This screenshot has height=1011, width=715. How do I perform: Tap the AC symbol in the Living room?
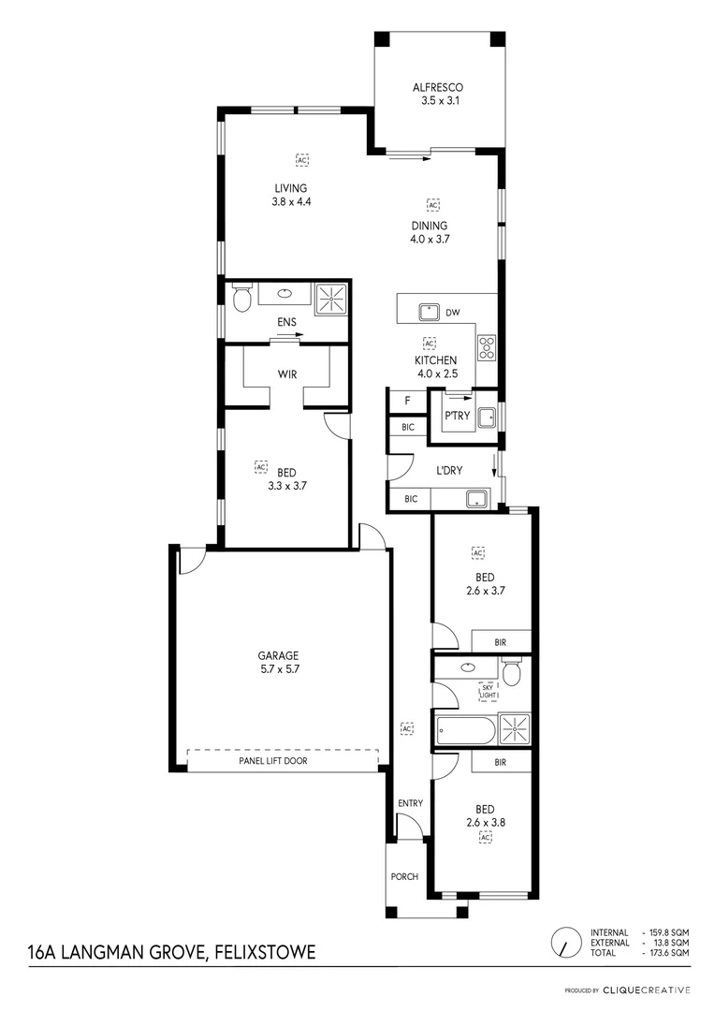[301, 160]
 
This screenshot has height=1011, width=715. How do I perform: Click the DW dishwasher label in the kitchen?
[452, 313]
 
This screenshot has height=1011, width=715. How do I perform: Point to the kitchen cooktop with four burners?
[487, 348]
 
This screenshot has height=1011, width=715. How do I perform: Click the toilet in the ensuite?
[241, 299]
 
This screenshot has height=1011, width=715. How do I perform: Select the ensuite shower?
[329, 299]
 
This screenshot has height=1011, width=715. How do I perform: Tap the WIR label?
[287, 374]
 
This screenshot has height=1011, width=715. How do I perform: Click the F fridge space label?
[406, 402]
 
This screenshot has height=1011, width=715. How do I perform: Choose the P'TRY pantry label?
[458, 417]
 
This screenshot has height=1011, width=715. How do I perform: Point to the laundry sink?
[477, 498]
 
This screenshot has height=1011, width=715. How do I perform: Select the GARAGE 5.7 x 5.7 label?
[279, 662]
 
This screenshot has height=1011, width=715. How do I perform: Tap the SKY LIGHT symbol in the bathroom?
[489, 692]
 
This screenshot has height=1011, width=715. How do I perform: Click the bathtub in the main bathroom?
[464, 729]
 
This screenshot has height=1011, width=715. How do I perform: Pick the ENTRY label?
[410, 803]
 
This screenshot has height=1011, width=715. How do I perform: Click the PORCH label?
[404, 876]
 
